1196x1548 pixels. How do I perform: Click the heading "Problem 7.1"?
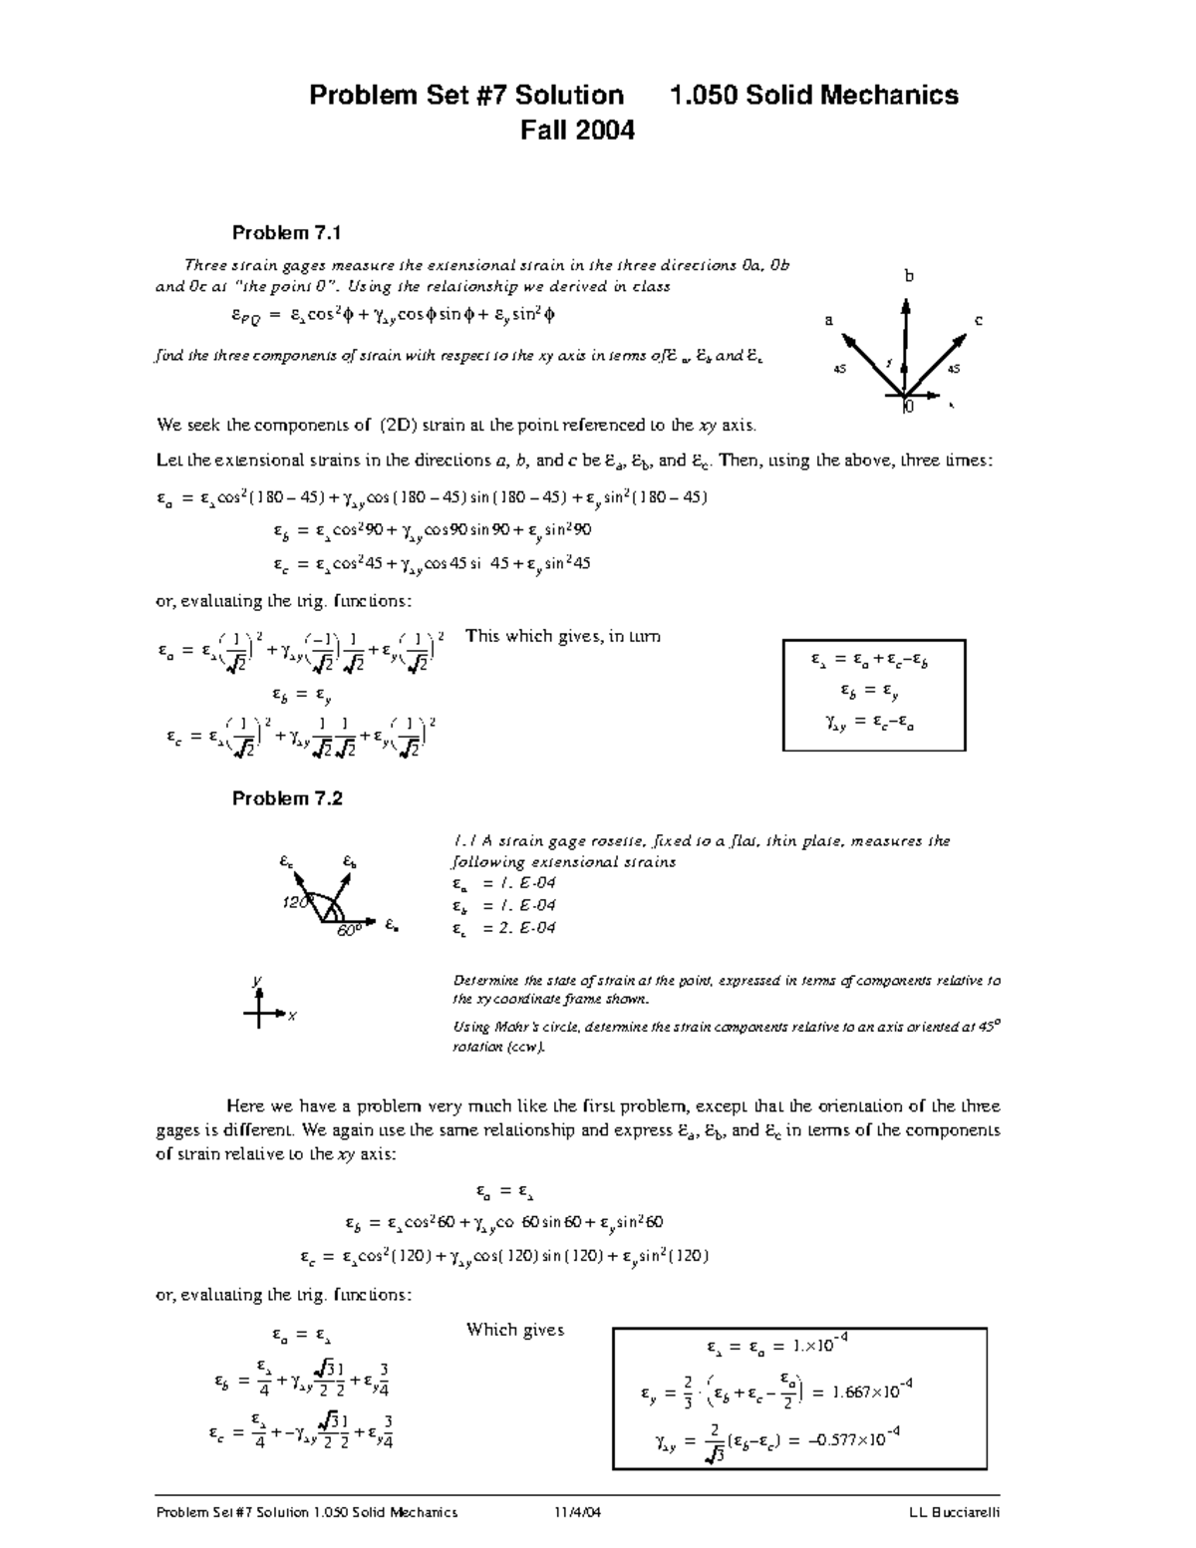coord(286,233)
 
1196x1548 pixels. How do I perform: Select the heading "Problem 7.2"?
coord(287,798)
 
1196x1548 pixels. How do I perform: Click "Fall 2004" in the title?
coord(578,131)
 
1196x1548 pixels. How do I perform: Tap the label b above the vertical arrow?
coord(909,276)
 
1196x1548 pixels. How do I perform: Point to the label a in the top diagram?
coord(828,320)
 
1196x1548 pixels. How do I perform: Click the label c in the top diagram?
coord(979,320)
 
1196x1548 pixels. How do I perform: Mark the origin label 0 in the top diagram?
coord(907,407)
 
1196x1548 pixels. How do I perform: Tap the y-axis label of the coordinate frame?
coord(257,981)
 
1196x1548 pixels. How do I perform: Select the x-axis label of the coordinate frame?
coord(292,1016)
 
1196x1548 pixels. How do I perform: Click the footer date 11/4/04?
coord(579,1512)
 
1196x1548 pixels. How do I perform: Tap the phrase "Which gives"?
coord(515,1330)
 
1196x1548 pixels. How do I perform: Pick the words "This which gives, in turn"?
coord(563,636)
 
